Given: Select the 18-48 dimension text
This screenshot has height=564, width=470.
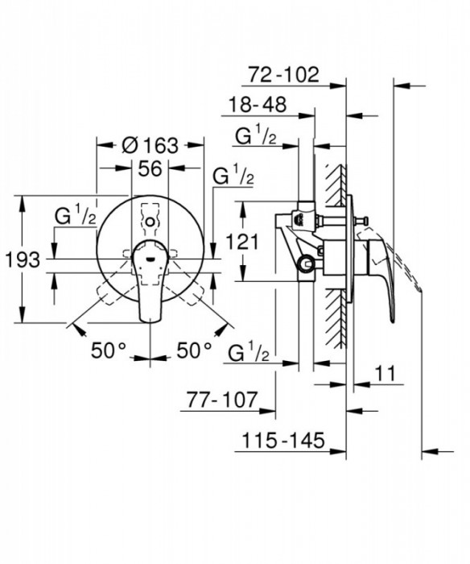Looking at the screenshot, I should click(x=259, y=106).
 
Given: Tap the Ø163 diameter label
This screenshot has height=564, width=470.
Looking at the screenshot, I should click(x=150, y=146).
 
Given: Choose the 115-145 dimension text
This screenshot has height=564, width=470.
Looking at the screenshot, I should click(x=282, y=440).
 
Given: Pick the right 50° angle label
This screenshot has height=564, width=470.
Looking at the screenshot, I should click(x=194, y=350).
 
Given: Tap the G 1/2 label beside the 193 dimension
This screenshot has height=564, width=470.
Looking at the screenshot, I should click(x=76, y=217).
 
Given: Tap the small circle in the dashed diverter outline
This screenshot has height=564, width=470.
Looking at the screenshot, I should click(x=150, y=219).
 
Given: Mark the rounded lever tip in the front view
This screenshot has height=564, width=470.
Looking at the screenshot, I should click(x=150, y=316).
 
